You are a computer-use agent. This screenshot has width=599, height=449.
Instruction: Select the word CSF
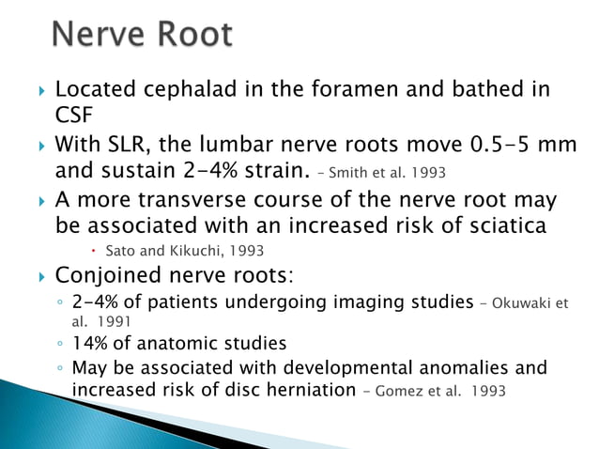(x=74, y=114)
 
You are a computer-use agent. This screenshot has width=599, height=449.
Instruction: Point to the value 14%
(x=89, y=344)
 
